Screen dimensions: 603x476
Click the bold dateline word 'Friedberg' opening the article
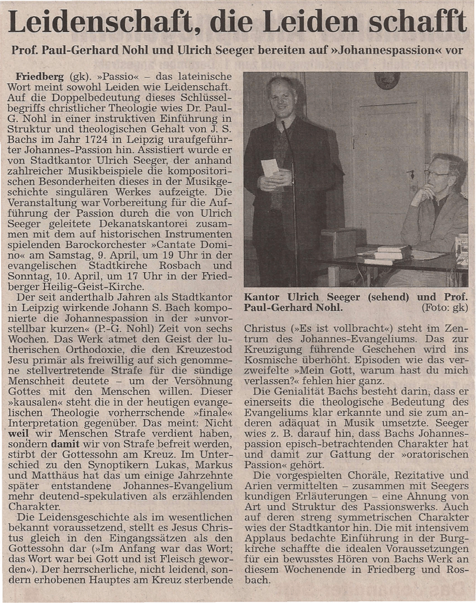coord(40,77)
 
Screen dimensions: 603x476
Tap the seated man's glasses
coord(436,173)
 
